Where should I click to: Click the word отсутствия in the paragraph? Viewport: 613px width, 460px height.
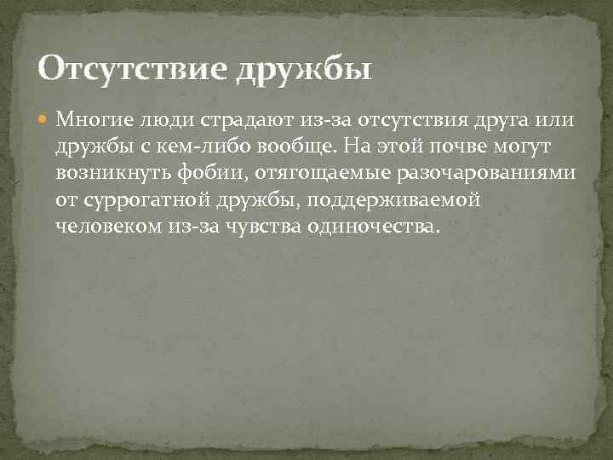(408, 118)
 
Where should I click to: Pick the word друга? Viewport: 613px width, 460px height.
(499, 118)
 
